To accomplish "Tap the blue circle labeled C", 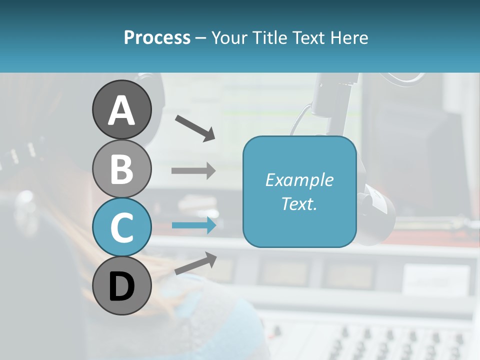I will [x=122, y=227].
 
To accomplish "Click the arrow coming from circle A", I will [x=195, y=127].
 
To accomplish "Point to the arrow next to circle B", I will [x=193, y=170].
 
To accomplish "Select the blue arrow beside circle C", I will [x=193, y=225].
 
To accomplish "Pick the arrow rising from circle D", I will [x=195, y=263].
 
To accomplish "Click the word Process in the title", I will [x=157, y=38].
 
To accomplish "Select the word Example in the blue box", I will [x=299, y=180].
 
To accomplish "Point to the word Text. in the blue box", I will [x=299, y=203].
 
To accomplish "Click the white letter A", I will [x=122, y=110].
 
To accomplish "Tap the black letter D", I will [x=122, y=287].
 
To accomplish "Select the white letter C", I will [x=122, y=228].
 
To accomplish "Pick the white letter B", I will [x=122, y=169].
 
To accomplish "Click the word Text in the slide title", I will [x=307, y=38].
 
